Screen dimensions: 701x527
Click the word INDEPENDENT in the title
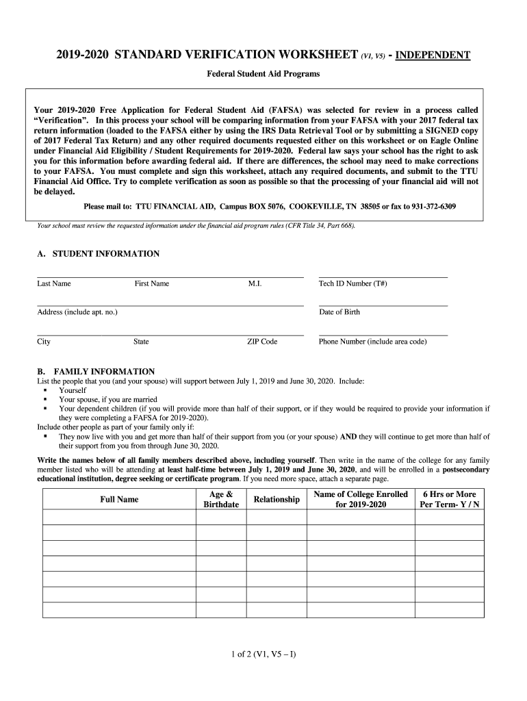tap(430, 55)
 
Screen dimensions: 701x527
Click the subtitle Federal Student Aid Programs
tap(263, 73)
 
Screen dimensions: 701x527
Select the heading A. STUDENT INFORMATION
tap(98, 253)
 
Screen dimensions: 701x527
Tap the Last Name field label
tap(53, 283)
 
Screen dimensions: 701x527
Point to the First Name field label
tap(151, 283)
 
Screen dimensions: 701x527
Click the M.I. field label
tap(255, 283)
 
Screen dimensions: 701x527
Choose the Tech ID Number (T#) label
tap(352, 283)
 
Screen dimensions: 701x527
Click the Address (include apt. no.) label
tap(77, 312)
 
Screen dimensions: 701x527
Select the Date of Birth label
tap(339, 312)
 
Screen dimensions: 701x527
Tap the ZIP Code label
tap(262, 342)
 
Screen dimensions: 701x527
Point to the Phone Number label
tap(372, 342)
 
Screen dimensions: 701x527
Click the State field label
tap(141, 342)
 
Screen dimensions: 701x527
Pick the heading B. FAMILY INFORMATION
tap(96, 372)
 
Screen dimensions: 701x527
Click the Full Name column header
tap(119, 500)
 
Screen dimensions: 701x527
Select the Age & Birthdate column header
tap(221, 500)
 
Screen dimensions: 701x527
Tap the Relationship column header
tap(277, 500)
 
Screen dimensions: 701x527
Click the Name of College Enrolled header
tap(360, 500)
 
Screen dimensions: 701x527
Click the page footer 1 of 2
tap(263, 654)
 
